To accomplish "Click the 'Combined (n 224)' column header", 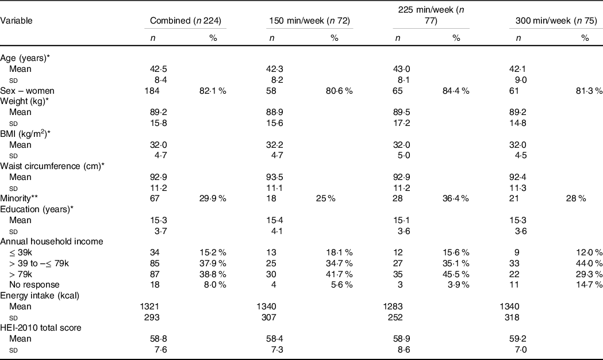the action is point(185,21).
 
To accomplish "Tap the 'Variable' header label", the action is point(16,21).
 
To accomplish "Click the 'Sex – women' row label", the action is point(27,91).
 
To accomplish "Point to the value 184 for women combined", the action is point(155,91).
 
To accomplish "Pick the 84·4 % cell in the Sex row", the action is point(456,91).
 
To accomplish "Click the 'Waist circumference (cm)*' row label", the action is point(52,166).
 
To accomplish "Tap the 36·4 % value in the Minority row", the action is point(456,198).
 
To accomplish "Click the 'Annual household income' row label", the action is point(52,242).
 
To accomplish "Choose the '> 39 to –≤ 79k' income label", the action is point(39,263).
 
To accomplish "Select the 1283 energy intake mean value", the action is point(393,307).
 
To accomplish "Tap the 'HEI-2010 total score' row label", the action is point(41,328).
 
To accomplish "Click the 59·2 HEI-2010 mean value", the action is point(518,339).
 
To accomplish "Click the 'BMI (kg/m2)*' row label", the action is point(25,134).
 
